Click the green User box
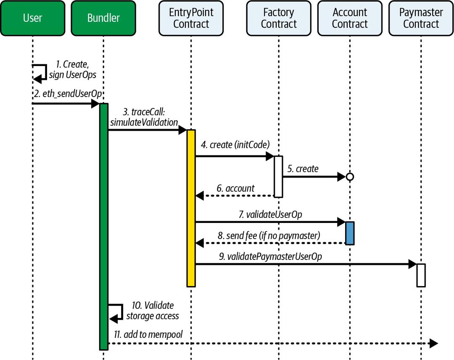click(x=33, y=18)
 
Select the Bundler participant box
click(x=103, y=18)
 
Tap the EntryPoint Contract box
click(x=191, y=18)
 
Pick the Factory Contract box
click(x=279, y=18)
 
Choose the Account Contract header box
click(x=350, y=18)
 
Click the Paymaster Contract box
click(x=421, y=18)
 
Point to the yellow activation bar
click(x=191, y=208)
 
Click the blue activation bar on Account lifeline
click(x=350, y=233)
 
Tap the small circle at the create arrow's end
click(x=350, y=176)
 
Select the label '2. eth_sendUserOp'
click(x=68, y=93)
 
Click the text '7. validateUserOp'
click(x=270, y=214)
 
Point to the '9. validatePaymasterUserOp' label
click(x=270, y=256)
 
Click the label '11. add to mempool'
click(x=148, y=334)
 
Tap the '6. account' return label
click(x=235, y=188)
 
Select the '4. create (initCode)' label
click(x=235, y=145)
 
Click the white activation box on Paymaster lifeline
click(x=421, y=275)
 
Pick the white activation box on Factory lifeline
click(x=278, y=177)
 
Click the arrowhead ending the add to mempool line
click(x=434, y=343)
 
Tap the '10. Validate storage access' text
click(x=153, y=310)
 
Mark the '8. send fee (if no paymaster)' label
click(x=269, y=236)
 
